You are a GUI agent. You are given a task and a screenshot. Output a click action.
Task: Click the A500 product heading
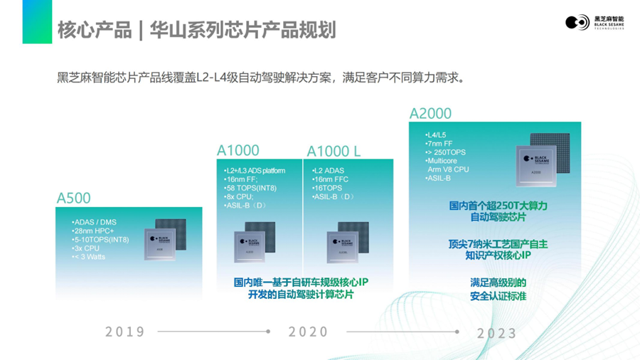[x=74, y=198]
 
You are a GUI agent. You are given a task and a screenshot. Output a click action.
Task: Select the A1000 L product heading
[x=334, y=152]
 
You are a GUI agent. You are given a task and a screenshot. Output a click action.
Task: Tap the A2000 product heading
[x=430, y=114]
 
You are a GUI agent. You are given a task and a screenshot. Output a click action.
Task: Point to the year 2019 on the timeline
[x=125, y=332]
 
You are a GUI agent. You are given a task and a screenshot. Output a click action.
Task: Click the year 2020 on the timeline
[x=309, y=332]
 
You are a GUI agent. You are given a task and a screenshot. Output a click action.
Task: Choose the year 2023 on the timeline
[x=496, y=333]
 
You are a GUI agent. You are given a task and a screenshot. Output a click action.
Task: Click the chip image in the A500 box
[x=165, y=241]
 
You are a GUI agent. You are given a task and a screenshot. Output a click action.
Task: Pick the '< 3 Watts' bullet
[x=89, y=257]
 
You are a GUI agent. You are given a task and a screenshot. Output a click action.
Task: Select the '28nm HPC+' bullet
[x=94, y=231]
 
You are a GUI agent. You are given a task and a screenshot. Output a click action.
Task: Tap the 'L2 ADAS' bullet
[x=329, y=171]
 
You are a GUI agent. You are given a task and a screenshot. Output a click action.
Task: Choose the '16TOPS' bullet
[x=328, y=189]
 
